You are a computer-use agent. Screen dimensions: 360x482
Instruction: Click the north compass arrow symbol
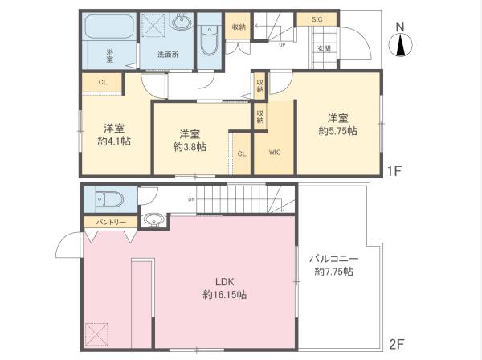400,41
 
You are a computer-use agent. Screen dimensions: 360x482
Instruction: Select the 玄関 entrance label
325,49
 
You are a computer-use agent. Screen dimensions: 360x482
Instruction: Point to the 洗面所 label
166,55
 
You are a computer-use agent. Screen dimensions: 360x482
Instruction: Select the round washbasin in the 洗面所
178,24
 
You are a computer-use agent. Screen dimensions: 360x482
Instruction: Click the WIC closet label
275,152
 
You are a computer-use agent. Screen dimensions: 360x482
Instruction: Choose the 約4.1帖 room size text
113,141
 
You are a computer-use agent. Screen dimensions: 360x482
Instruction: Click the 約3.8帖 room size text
190,147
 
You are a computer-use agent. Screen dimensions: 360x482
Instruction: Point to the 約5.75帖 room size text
337,130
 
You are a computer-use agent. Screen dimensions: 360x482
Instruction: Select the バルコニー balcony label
332,260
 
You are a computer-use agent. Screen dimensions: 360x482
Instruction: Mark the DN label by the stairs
191,200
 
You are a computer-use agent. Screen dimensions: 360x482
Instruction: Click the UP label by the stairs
281,45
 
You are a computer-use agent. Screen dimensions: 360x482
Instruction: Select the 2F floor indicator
394,343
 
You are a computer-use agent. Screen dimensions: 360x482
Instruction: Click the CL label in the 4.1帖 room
102,82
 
